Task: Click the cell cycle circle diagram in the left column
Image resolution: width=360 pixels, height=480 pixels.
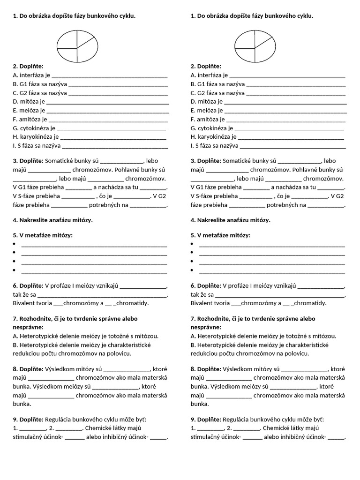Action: [77, 47]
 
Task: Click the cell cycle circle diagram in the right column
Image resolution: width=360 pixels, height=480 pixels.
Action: [255, 47]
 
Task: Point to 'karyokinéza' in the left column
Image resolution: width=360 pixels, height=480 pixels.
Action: [36, 137]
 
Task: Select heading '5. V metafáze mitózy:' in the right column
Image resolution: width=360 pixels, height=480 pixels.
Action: [220, 235]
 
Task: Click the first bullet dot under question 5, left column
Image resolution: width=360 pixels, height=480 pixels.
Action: [15, 245]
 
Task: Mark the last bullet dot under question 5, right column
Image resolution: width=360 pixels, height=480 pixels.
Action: [192, 270]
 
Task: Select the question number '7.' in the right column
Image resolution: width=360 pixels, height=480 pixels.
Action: [193, 318]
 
